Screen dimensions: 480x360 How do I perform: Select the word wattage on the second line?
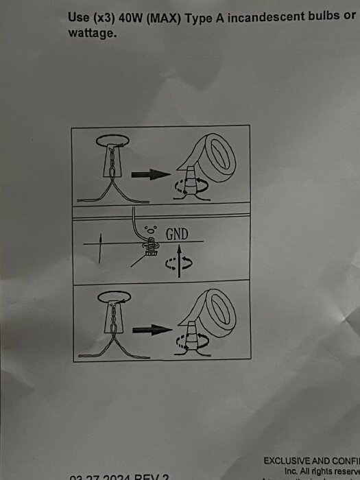tap(91, 32)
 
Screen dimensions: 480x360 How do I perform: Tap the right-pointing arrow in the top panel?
tap(150, 174)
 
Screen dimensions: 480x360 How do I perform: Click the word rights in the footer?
tap(321, 472)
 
